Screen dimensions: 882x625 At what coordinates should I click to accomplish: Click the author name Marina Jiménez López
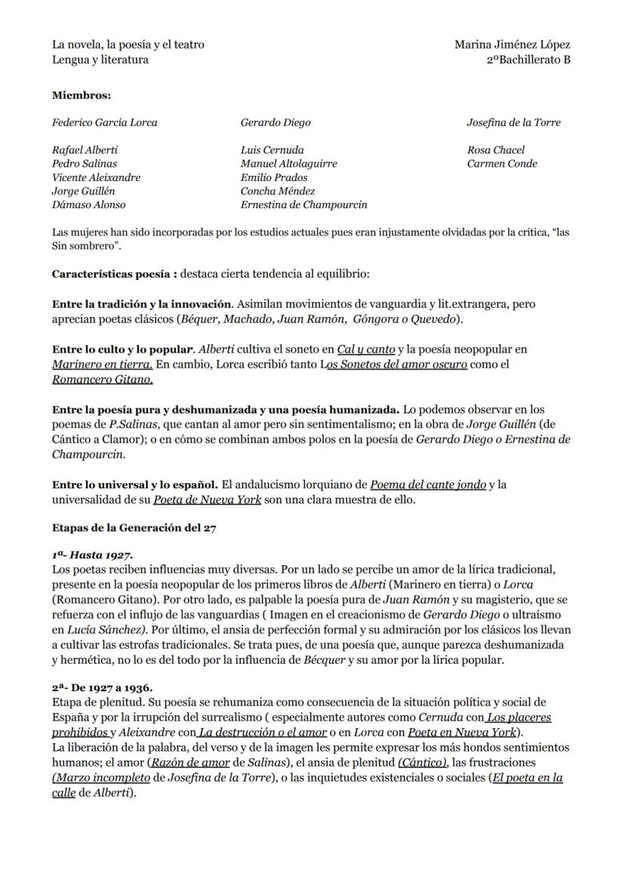(x=512, y=45)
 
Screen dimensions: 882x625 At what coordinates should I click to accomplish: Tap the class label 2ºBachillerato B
(x=528, y=60)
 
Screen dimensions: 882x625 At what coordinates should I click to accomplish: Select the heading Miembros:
(x=82, y=96)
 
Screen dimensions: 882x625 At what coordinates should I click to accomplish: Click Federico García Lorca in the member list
(x=105, y=123)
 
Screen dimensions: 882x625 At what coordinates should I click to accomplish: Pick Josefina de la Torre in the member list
(x=513, y=123)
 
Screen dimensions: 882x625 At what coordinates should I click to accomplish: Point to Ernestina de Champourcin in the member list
(x=304, y=205)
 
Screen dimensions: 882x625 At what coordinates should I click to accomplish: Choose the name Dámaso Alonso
(x=89, y=205)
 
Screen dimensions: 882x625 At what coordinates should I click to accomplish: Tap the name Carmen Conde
(x=502, y=164)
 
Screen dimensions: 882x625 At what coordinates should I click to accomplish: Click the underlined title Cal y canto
(x=366, y=350)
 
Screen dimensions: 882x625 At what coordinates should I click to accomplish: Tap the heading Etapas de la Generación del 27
(x=134, y=529)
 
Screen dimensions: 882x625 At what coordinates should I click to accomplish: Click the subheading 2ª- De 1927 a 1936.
(x=103, y=687)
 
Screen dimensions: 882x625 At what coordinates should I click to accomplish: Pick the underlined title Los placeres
(x=519, y=717)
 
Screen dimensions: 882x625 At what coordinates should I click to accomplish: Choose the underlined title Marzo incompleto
(x=102, y=778)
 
